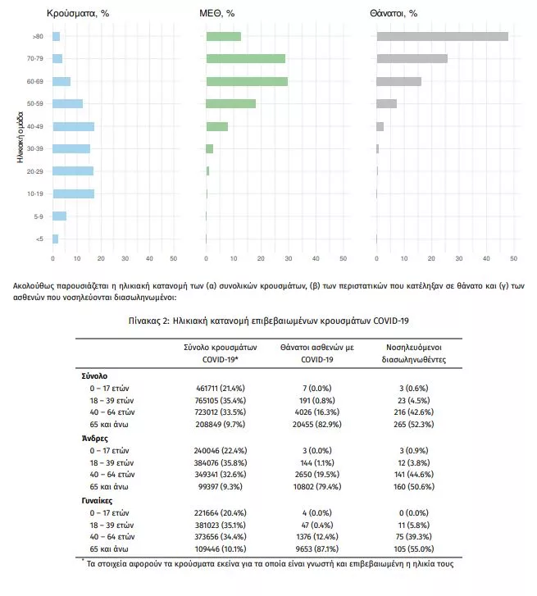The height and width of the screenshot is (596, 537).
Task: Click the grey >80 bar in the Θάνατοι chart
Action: (x=443, y=37)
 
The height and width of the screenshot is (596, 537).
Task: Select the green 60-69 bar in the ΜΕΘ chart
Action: (x=247, y=81)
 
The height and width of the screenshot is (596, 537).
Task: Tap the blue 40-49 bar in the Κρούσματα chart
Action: (x=73, y=126)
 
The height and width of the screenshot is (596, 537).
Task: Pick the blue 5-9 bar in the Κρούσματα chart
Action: (x=59, y=216)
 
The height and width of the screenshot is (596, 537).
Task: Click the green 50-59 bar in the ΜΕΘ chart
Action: (x=230, y=103)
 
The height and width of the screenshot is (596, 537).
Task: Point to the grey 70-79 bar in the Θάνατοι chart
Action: (x=412, y=58)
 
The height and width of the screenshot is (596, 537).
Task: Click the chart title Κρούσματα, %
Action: (x=78, y=13)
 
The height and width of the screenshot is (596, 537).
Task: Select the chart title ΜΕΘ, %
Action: (x=217, y=13)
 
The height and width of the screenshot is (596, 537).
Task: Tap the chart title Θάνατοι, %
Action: (x=394, y=13)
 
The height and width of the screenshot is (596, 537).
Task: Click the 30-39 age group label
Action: (x=35, y=148)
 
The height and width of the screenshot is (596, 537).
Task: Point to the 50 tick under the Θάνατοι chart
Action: (x=513, y=258)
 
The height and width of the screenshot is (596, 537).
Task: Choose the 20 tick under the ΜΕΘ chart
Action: (x=261, y=258)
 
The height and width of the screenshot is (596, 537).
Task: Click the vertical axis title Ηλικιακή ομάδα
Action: (x=20, y=137)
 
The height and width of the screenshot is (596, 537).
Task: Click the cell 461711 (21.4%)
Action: (x=221, y=389)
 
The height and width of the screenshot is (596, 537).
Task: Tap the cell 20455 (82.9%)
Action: (x=317, y=424)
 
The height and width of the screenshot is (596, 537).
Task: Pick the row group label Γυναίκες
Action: (x=97, y=501)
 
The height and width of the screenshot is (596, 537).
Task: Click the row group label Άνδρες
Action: (x=94, y=439)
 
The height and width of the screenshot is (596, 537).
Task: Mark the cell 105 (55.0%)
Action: (x=414, y=549)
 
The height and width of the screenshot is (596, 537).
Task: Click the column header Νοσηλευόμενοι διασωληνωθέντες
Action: (x=414, y=353)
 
